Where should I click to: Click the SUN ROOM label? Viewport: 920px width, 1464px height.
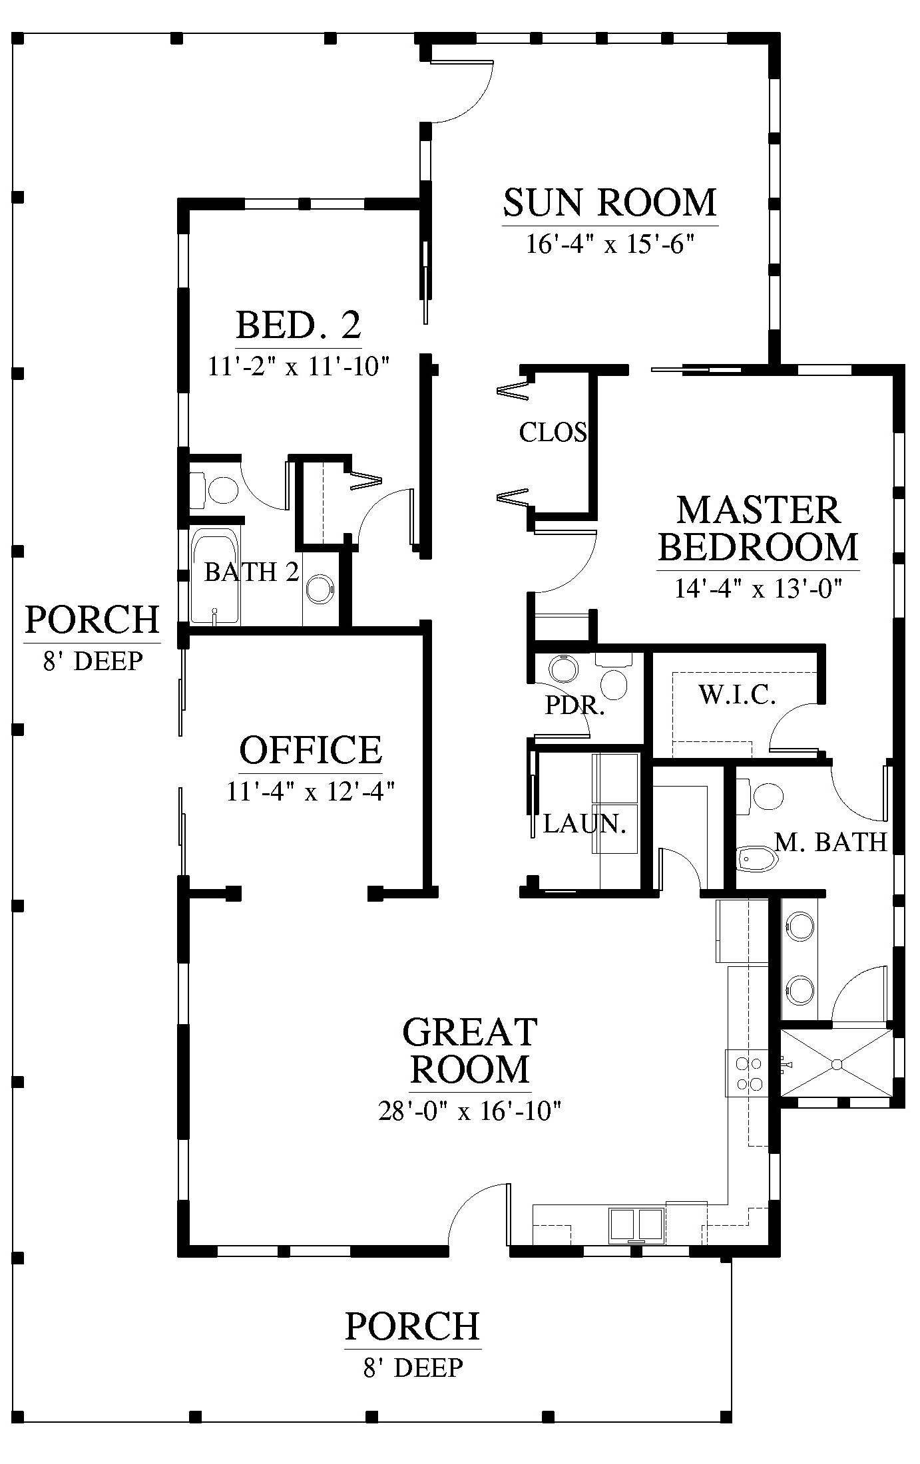[610, 203]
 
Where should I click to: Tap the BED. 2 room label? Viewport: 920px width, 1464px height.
[298, 325]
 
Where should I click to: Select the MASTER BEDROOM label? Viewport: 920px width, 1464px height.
[758, 529]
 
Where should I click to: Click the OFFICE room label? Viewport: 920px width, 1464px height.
[311, 750]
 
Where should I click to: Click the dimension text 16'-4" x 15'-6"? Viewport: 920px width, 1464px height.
[610, 244]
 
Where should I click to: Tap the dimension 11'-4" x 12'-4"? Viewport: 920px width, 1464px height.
[311, 791]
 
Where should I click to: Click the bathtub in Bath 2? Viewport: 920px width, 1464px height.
[214, 576]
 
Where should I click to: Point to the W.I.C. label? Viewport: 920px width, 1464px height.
[737, 695]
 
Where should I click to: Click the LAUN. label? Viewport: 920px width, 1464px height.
[585, 824]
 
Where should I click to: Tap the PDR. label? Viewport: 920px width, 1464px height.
[575, 705]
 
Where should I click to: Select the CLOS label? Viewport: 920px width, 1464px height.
[553, 433]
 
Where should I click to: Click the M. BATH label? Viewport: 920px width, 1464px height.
[831, 842]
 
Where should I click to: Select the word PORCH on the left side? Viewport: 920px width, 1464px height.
[93, 620]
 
